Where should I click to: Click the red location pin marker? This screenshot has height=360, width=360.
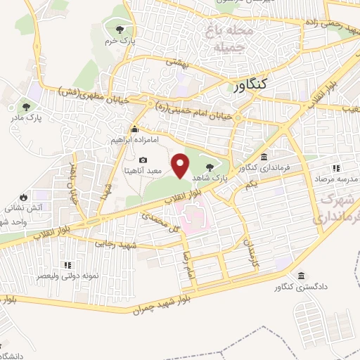point(181,166)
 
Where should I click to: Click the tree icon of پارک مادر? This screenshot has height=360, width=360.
point(26,107)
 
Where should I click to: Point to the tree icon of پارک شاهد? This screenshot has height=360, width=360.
point(211,167)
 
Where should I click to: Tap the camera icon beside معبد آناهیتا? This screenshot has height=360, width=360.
point(143,161)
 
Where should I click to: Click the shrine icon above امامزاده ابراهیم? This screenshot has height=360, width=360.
point(134,129)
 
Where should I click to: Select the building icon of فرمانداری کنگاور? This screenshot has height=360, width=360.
point(264,157)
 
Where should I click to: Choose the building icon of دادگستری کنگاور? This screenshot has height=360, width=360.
point(302,276)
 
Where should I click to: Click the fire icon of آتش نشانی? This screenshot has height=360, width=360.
point(23,198)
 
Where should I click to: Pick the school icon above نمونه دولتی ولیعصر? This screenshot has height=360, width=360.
point(68,265)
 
